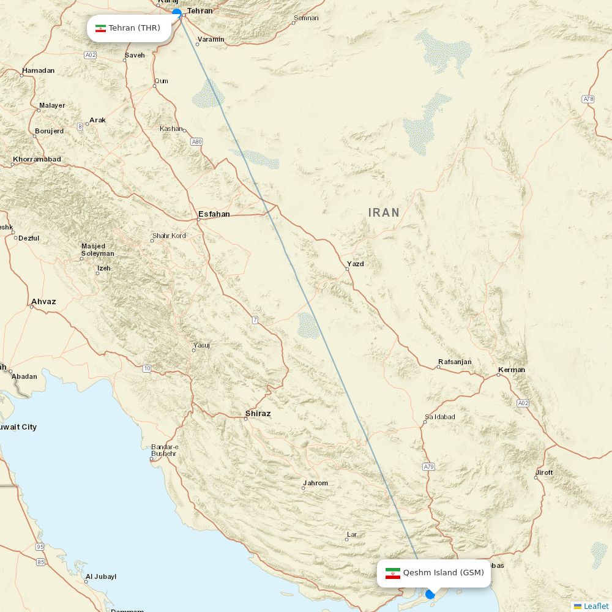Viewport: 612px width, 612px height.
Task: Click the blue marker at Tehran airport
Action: (177, 12)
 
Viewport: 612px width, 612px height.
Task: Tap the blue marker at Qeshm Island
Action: (430, 594)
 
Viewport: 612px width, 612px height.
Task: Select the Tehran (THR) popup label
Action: (129, 28)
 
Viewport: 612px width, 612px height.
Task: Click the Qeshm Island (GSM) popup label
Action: (434, 573)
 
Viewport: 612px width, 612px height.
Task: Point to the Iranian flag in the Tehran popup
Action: (101, 28)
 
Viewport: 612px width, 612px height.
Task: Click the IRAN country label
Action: (384, 213)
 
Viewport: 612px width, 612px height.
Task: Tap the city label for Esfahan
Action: (214, 214)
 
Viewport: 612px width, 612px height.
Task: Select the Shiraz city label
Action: (258, 414)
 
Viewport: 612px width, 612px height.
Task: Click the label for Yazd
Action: (355, 264)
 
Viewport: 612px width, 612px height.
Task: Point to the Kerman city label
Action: (512, 370)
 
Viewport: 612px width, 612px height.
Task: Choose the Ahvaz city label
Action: (43, 302)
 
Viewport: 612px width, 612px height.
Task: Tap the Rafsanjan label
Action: (455, 362)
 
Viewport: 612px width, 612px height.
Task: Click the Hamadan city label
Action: (38, 70)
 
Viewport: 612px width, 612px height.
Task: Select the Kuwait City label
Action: (17, 427)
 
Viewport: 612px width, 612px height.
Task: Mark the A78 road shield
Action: (588, 99)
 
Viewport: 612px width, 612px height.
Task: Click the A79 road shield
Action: (428, 467)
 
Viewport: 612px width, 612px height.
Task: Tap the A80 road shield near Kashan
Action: (196, 141)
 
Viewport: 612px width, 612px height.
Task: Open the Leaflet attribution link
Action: (595, 606)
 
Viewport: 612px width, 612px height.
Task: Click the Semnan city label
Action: (306, 18)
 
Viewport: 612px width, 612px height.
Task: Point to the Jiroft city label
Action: (544, 472)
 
